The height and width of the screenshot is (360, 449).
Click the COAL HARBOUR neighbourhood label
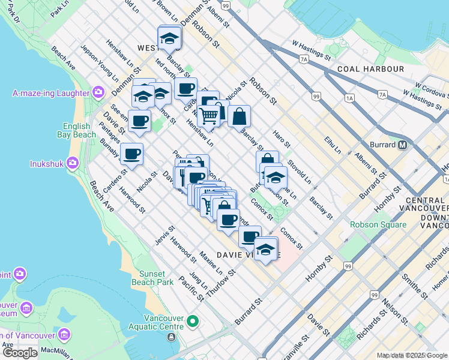[x=370, y=69]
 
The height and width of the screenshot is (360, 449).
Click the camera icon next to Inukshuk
[x=73, y=163]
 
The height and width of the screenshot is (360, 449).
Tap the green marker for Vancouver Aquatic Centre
[x=193, y=322]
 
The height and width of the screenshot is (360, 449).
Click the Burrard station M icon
[x=402, y=145]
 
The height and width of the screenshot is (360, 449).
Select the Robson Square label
[x=378, y=225]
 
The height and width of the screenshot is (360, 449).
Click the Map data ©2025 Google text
[x=412, y=355]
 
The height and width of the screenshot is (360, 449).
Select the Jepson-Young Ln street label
[x=96, y=63]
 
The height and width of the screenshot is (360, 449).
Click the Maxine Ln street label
[x=211, y=263]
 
